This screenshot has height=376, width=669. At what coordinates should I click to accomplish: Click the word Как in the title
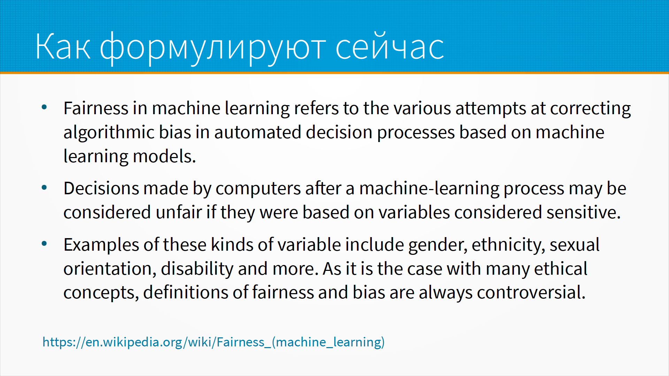click(63, 46)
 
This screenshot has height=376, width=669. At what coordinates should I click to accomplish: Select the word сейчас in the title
click(390, 46)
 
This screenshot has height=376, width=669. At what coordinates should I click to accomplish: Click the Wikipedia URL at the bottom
click(214, 342)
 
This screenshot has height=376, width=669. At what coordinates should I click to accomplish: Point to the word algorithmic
click(109, 132)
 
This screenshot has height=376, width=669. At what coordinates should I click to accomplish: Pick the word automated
click(257, 132)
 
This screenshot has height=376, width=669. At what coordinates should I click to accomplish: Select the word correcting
click(591, 109)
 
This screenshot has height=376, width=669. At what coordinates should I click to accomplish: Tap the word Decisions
click(101, 188)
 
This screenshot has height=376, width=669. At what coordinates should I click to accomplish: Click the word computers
click(258, 189)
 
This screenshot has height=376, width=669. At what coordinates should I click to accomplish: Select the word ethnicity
click(508, 245)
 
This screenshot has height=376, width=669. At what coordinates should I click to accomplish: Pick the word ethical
click(561, 269)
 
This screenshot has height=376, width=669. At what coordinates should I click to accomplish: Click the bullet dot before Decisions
click(44, 188)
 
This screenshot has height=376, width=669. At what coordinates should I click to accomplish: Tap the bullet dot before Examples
click(44, 244)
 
